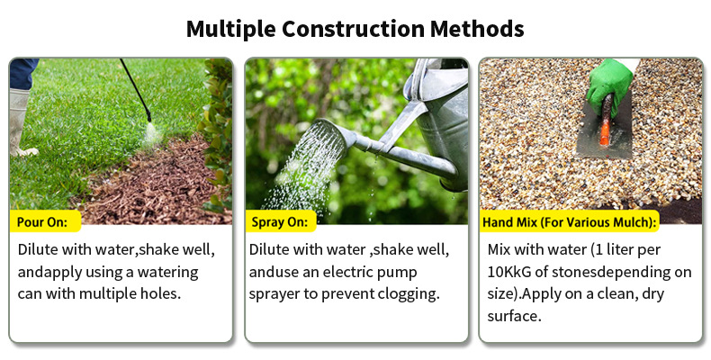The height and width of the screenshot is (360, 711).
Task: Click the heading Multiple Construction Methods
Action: point(355,29)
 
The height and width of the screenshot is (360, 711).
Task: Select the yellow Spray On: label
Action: point(280,222)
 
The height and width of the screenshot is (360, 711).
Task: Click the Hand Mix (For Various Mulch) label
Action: point(570,222)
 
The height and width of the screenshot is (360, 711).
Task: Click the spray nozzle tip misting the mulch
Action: point(148,119)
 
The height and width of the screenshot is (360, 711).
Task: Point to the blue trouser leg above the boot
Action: point(22,74)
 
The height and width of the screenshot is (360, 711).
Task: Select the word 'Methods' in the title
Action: point(477,29)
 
